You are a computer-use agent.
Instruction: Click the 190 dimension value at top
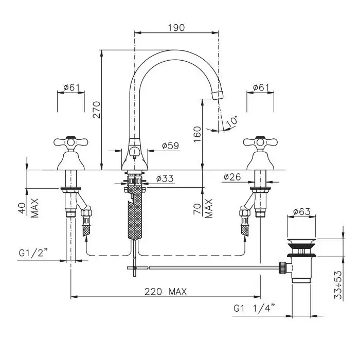click(176, 28)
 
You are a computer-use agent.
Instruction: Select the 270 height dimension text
click(97, 110)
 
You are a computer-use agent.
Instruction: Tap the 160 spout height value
click(197, 134)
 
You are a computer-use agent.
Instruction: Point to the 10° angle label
click(231, 121)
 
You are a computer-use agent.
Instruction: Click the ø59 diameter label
click(170, 146)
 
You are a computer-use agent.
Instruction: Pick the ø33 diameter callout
click(165, 178)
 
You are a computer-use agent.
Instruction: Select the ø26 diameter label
click(232, 177)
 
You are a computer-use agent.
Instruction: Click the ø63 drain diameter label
click(302, 211)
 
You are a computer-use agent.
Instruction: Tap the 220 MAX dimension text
click(166, 292)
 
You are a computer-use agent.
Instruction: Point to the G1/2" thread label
click(33, 253)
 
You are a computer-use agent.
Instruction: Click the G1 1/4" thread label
click(254, 308)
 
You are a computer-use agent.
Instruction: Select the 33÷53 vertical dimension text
click(338, 285)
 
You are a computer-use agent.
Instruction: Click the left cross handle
click(71, 142)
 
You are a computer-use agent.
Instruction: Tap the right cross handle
click(260, 142)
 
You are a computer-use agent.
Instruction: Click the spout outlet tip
click(218, 95)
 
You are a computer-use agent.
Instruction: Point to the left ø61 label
click(71, 87)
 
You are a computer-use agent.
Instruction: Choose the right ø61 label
click(261, 87)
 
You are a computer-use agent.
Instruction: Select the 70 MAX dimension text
click(203, 208)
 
